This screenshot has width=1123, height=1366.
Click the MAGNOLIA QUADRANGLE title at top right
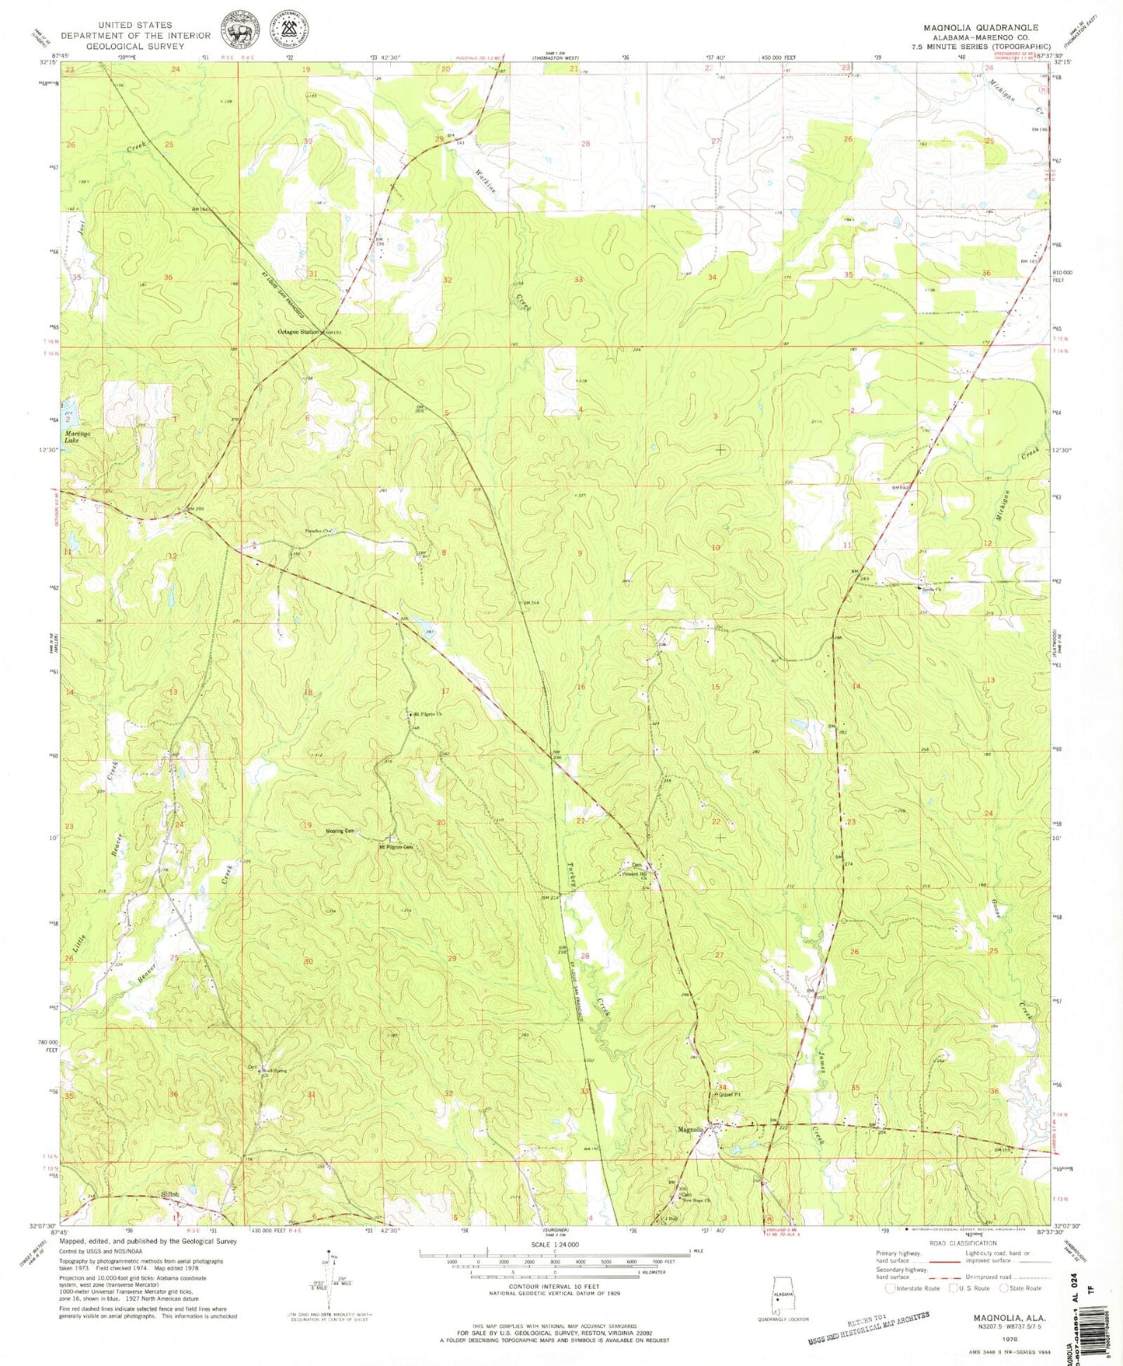981,27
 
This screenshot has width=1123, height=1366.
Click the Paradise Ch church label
318,532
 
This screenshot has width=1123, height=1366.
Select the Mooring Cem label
340,831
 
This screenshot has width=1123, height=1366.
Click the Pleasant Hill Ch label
635,875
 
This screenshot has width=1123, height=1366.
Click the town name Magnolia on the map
691,1130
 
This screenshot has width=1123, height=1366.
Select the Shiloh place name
169,1195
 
